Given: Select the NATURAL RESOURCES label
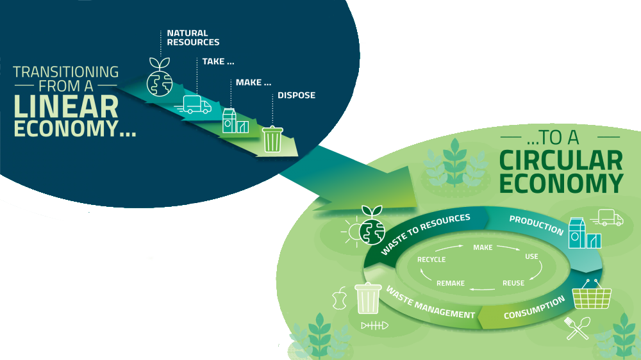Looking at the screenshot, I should tap(193, 38).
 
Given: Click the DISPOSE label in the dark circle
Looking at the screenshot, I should tap(296, 96).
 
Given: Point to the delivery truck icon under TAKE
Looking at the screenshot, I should tap(197, 104).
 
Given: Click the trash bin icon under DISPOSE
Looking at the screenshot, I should tap(272, 138).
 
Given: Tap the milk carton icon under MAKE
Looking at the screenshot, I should tap(235, 120).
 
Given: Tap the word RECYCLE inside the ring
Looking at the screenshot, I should tap(431, 259).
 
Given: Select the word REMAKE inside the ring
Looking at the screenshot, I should tap(451, 283).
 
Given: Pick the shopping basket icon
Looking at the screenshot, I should tap(591, 295).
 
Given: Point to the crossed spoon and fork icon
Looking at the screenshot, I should tap(578, 329).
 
